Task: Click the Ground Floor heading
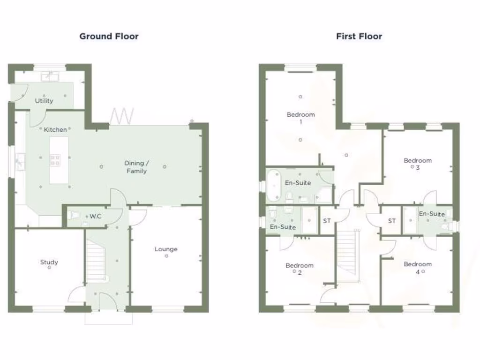[109, 36]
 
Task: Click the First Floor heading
[359, 36]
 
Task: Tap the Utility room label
[44, 100]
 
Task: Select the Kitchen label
[55, 129]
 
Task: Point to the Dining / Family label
[136, 167]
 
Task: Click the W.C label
[96, 217]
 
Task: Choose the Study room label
[49, 262]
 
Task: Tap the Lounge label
[166, 249]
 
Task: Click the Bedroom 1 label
[300, 118]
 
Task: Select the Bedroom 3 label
[418, 164]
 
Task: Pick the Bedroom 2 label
[300, 269]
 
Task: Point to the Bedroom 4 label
[418, 267]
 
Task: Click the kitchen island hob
[55, 161]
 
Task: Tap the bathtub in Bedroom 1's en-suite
[274, 182]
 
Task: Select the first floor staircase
[347, 251]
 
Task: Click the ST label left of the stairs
[327, 221]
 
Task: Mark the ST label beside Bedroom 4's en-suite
[391, 221]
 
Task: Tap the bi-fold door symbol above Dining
[122, 115]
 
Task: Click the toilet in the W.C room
[74, 216]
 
